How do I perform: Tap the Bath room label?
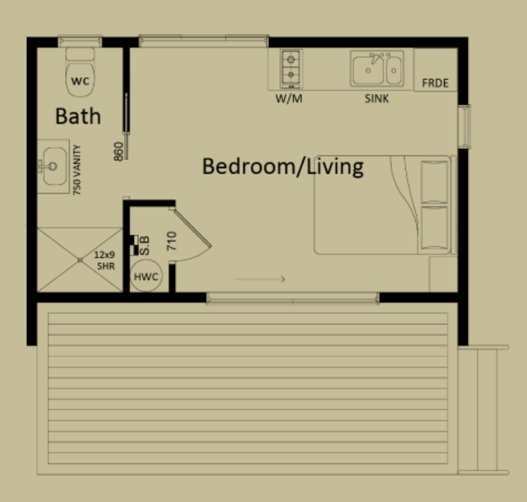78,116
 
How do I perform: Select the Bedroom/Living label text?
283,166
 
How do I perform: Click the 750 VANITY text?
77,170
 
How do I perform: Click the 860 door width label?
119,151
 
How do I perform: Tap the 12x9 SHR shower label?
105,260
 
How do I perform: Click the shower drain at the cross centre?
80,260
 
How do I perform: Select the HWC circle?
146,276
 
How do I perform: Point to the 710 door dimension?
172,241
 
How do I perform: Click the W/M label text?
289,99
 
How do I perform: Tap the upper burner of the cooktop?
291,59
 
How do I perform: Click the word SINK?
376,99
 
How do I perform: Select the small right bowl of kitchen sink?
394,70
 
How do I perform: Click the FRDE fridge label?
435,83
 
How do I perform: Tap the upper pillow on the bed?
434,182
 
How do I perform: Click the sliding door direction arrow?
260,279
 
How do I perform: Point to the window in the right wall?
464,126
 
